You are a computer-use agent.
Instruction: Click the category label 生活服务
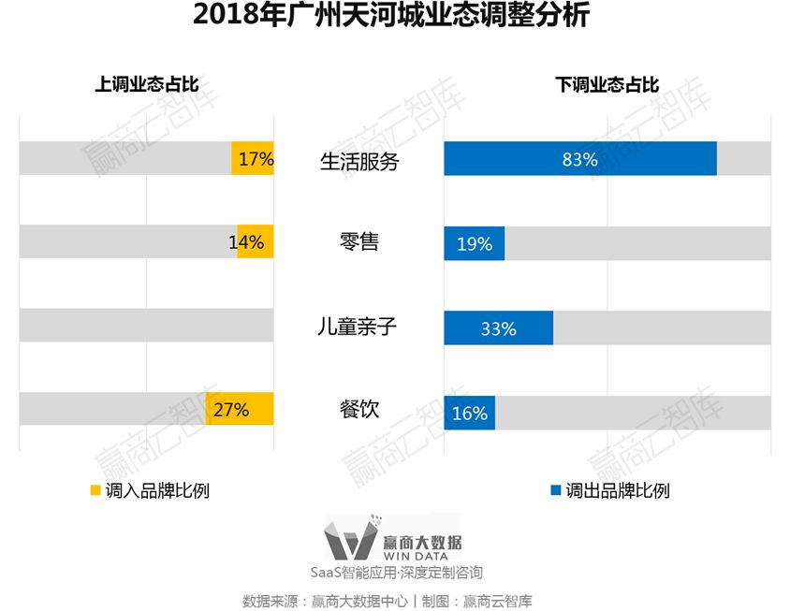(x=359, y=161)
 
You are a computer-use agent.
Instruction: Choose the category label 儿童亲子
(x=359, y=327)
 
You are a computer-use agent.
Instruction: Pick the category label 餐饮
(x=359, y=409)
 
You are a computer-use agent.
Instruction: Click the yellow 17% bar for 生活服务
(x=253, y=159)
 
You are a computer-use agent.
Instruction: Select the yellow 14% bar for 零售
(x=256, y=242)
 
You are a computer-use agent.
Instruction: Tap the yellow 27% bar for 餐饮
(x=240, y=409)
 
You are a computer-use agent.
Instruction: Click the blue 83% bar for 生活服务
(x=580, y=159)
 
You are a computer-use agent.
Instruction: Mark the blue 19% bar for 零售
(x=474, y=243)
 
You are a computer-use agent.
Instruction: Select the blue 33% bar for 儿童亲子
(x=498, y=327)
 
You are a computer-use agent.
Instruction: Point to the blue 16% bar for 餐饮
(x=469, y=412)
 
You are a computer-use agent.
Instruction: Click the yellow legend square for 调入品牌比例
(x=95, y=489)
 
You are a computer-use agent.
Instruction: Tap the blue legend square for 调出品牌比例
(x=555, y=489)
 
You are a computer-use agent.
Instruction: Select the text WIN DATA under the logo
(x=422, y=556)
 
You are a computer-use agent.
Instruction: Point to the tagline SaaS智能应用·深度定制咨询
(x=397, y=572)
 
